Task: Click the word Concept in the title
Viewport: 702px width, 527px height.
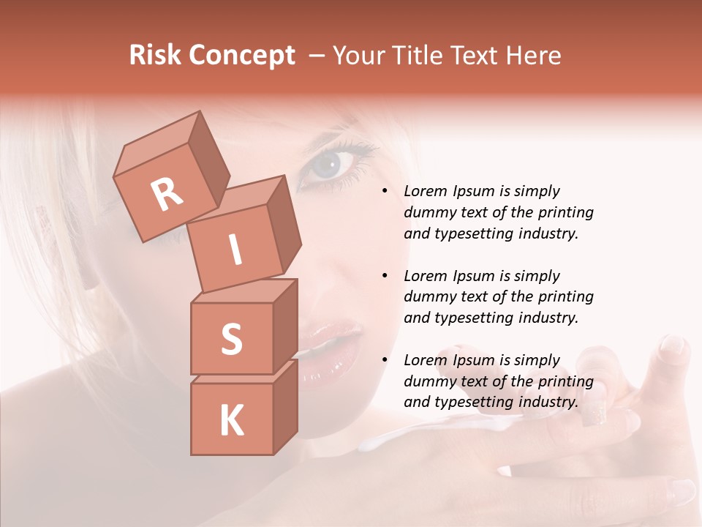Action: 243,56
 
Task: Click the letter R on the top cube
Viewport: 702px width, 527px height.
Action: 167,194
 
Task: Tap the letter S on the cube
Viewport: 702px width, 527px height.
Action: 231,339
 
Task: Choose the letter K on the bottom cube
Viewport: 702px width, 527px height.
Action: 231,421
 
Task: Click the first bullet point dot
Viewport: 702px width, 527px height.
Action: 384,192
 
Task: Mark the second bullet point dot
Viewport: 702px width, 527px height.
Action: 384,276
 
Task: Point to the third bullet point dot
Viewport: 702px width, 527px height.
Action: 384,360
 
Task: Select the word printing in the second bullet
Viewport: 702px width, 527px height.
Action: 565,297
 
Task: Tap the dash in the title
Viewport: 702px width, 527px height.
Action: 317,56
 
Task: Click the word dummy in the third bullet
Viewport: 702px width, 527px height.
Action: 429,381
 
